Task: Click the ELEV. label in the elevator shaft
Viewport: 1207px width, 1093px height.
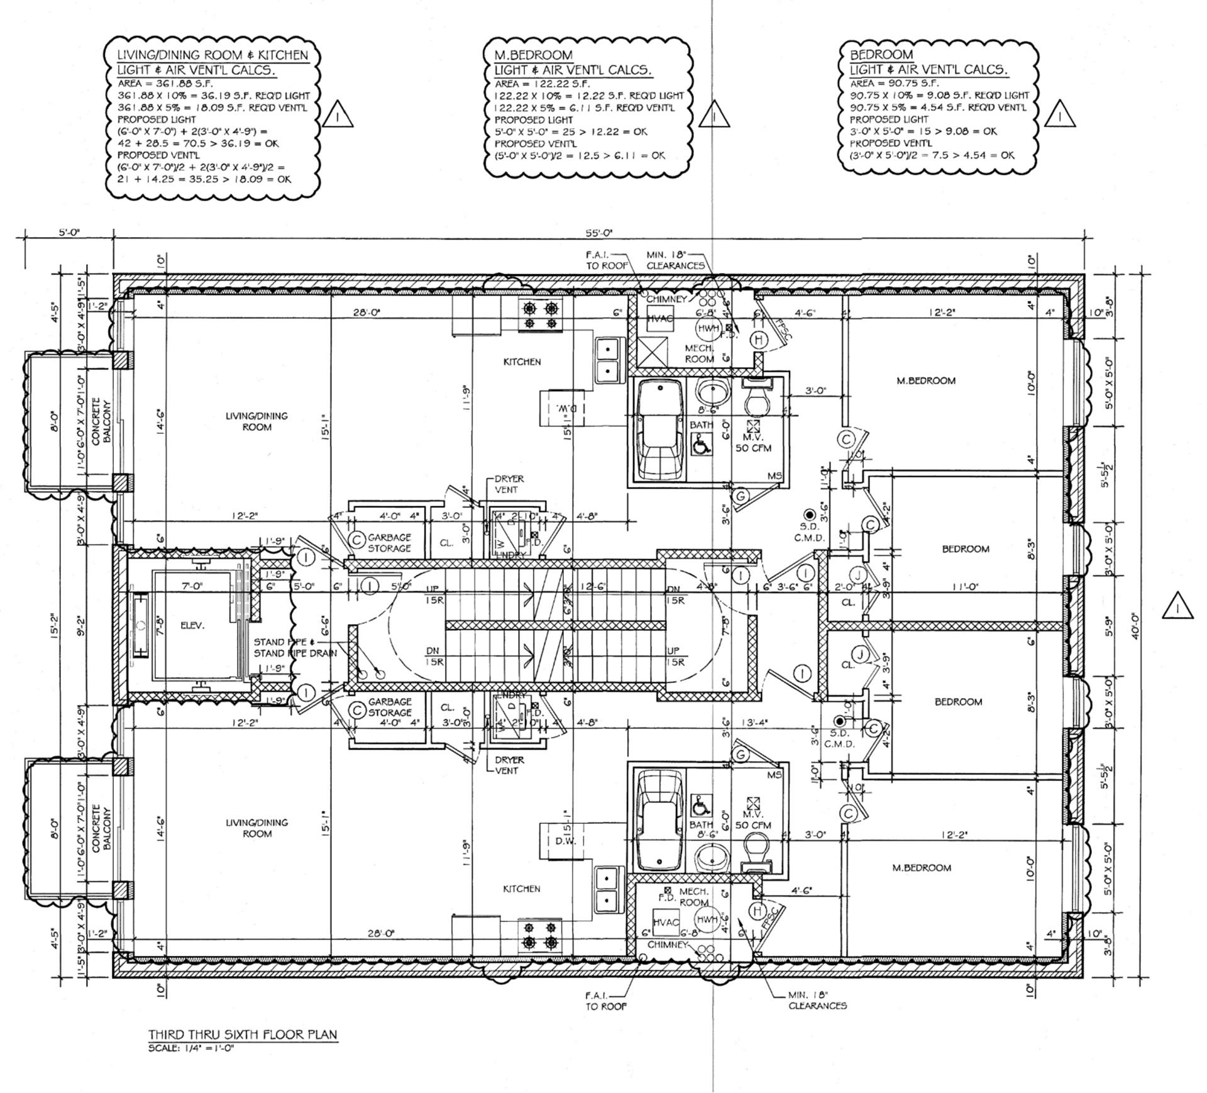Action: (x=192, y=626)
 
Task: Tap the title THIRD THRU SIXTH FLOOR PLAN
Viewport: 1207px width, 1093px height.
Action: (x=242, y=1035)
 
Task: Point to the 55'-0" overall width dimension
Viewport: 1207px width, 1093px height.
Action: (x=598, y=233)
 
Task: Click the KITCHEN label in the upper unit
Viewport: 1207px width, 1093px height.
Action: (x=522, y=362)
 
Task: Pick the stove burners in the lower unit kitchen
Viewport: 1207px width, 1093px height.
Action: (x=540, y=936)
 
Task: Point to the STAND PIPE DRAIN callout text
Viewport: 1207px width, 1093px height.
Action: (x=295, y=653)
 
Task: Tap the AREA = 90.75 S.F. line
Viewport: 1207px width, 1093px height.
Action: (x=894, y=83)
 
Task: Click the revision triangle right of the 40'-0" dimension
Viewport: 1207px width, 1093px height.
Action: (x=1177, y=608)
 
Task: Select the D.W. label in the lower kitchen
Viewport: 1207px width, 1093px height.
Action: (x=565, y=841)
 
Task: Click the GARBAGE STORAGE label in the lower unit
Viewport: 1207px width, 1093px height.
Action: (x=390, y=707)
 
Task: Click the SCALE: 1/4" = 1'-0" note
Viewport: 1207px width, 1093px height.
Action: (x=191, y=1048)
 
